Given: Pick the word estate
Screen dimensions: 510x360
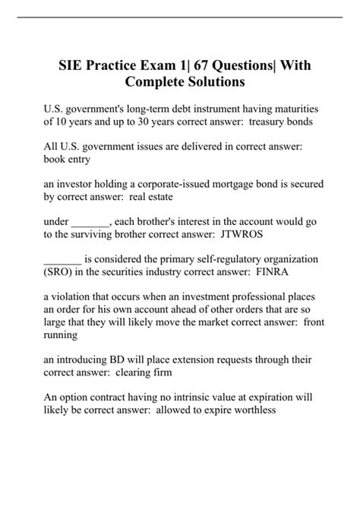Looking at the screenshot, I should pos(156,197).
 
